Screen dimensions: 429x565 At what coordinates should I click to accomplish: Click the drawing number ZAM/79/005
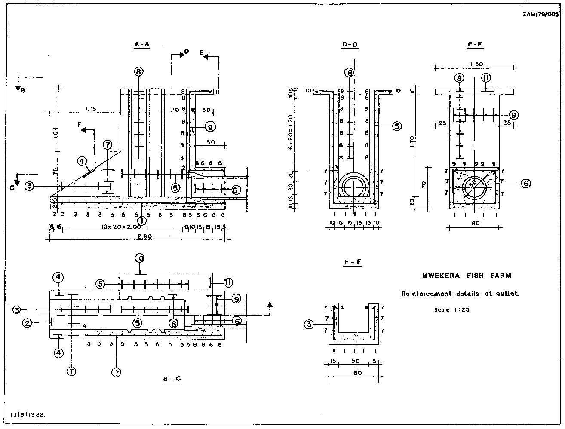(x=543, y=15)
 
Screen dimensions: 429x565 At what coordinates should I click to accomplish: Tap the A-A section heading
(x=142, y=44)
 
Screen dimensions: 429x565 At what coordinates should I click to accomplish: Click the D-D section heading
(x=350, y=44)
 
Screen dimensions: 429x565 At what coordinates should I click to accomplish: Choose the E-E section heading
(x=474, y=44)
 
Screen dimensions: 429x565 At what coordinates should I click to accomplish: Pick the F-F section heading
(x=352, y=262)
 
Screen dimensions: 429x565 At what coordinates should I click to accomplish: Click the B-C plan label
(x=172, y=379)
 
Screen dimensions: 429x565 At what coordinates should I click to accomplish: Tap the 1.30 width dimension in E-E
(x=476, y=64)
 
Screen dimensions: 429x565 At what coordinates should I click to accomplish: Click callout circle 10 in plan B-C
(x=139, y=258)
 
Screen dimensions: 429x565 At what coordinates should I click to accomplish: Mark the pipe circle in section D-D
(x=353, y=189)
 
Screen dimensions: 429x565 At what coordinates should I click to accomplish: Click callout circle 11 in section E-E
(x=486, y=78)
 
